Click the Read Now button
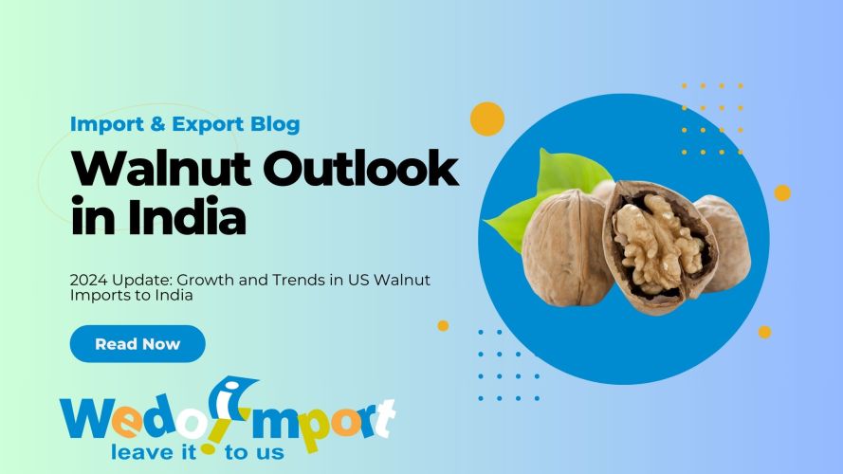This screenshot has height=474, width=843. [137, 344]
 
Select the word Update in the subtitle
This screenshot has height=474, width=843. [146, 281]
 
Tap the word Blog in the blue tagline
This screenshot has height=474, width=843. [276, 124]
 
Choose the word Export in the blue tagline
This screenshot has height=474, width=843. [210, 124]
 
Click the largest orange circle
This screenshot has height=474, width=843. [486, 118]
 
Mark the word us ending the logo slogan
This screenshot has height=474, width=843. [268, 451]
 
